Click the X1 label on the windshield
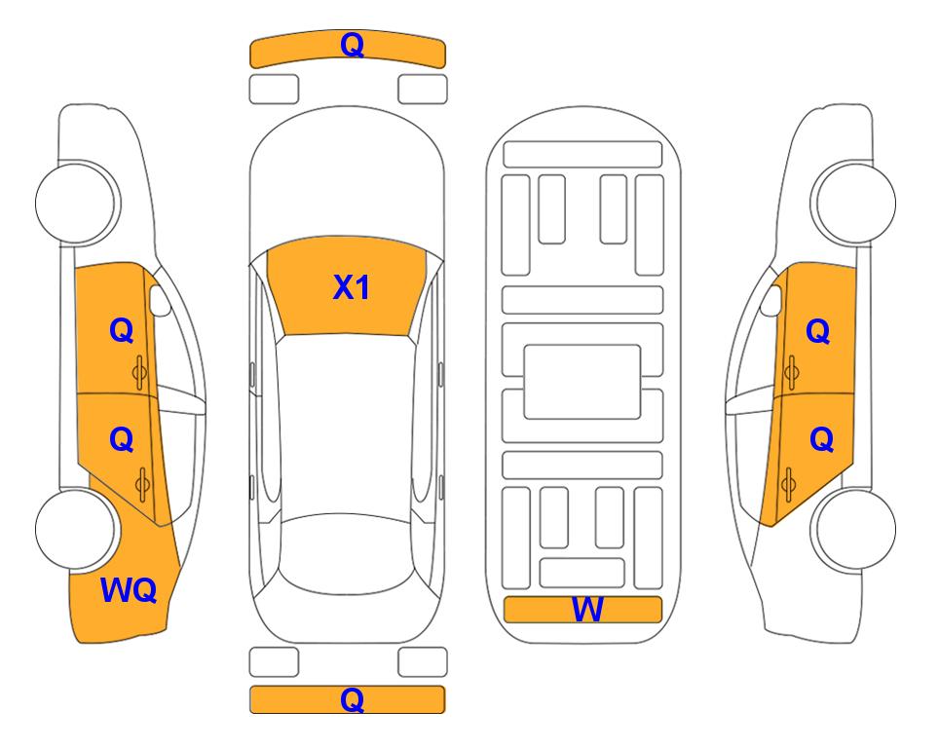pos(352,287)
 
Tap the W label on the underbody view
pos(587,610)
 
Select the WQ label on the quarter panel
pos(129,590)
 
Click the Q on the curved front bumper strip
pos(352,45)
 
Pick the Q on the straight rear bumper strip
pos(352,699)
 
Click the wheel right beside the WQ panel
pos(75,529)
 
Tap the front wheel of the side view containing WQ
pos(75,204)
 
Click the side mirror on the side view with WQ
pos(160,300)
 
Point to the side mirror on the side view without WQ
pos(770,300)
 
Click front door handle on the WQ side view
pos(140,372)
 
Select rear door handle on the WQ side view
pos(142,484)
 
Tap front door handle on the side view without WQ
pos(791,372)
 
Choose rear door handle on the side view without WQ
pos(788,484)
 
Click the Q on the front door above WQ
pos(122,330)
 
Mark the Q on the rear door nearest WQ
pos(122,440)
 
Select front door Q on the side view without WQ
pos(818,331)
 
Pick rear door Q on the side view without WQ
pos(821,440)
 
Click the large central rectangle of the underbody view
pos(582,382)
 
